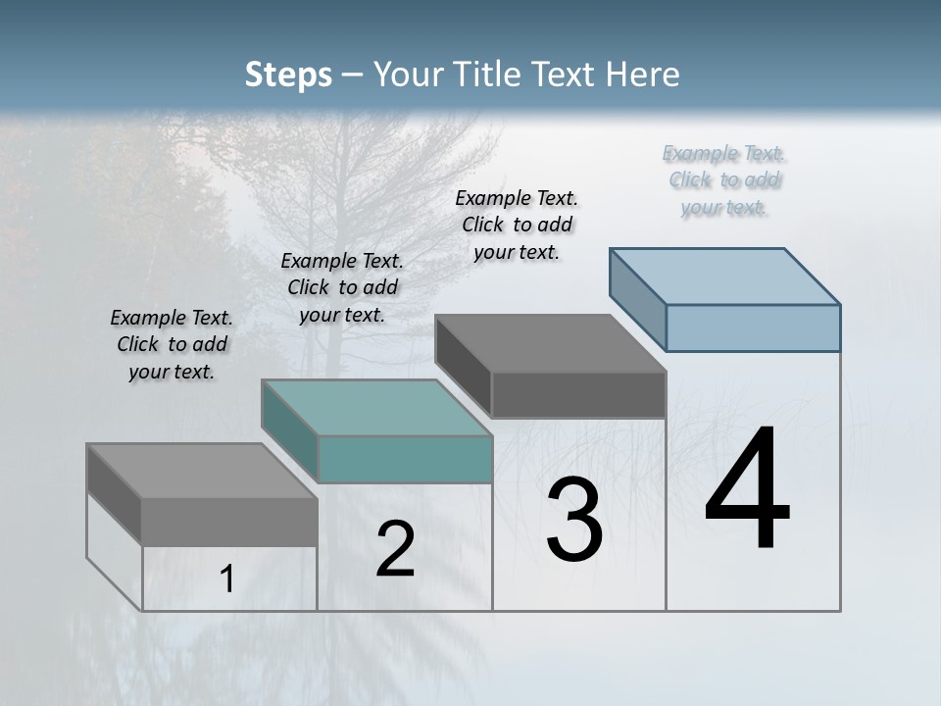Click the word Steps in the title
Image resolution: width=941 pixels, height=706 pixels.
(x=288, y=75)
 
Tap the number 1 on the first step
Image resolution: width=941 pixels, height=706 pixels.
(x=227, y=580)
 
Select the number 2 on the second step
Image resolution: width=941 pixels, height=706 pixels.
(x=395, y=550)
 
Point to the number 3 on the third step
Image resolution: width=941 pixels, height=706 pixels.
(x=574, y=520)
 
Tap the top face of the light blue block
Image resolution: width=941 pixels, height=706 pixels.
(x=725, y=276)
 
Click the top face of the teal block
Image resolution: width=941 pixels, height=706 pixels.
(x=377, y=407)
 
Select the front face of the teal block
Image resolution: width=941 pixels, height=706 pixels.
(x=405, y=459)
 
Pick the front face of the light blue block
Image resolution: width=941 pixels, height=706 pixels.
(x=753, y=328)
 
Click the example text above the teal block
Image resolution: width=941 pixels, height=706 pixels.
(x=342, y=287)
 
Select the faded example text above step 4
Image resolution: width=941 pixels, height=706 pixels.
(x=723, y=179)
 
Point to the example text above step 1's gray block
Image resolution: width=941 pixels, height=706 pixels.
(x=172, y=344)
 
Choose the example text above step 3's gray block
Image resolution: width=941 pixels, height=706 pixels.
(x=517, y=225)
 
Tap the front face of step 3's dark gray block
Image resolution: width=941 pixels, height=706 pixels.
(x=578, y=394)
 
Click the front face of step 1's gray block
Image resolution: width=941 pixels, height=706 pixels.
(x=229, y=522)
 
